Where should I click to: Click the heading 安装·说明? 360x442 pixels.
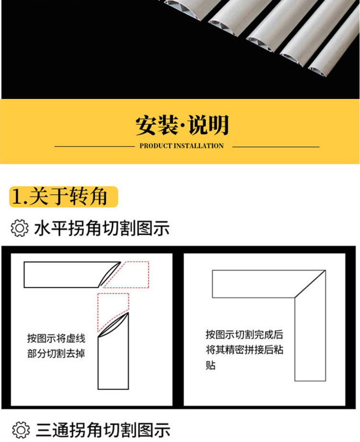click(x=182, y=125)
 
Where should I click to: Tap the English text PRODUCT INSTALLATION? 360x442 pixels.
click(x=181, y=146)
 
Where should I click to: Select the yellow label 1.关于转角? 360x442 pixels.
click(x=63, y=196)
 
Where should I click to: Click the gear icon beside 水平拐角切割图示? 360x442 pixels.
click(x=20, y=228)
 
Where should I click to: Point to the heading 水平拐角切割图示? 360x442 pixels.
click(x=102, y=228)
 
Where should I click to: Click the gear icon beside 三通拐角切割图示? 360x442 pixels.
click(x=21, y=430)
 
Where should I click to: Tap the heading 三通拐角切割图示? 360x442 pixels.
click(x=103, y=430)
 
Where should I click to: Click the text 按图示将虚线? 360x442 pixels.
click(x=56, y=338)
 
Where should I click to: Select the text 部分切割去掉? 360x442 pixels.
click(x=56, y=353)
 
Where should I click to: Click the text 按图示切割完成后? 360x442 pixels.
click(x=244, y=334)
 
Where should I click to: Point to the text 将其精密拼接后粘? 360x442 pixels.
click(x=244, y=349)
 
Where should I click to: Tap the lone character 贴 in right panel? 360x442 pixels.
click(x=211, y=365)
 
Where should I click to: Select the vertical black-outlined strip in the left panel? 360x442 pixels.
click(x=113, y=364)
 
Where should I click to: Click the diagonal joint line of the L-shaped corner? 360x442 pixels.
click(x=310, y=284)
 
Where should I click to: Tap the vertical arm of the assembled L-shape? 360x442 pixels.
click(x=310, y=338)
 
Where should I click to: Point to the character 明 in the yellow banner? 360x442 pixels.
click(x=218, y=125)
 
